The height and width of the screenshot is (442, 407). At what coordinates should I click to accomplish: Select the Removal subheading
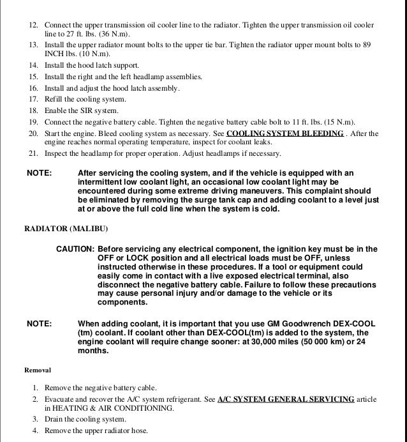(37, 369)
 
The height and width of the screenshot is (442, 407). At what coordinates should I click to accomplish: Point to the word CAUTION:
(75, 249)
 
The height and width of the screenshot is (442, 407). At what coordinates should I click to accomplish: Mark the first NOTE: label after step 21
(38, 173)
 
